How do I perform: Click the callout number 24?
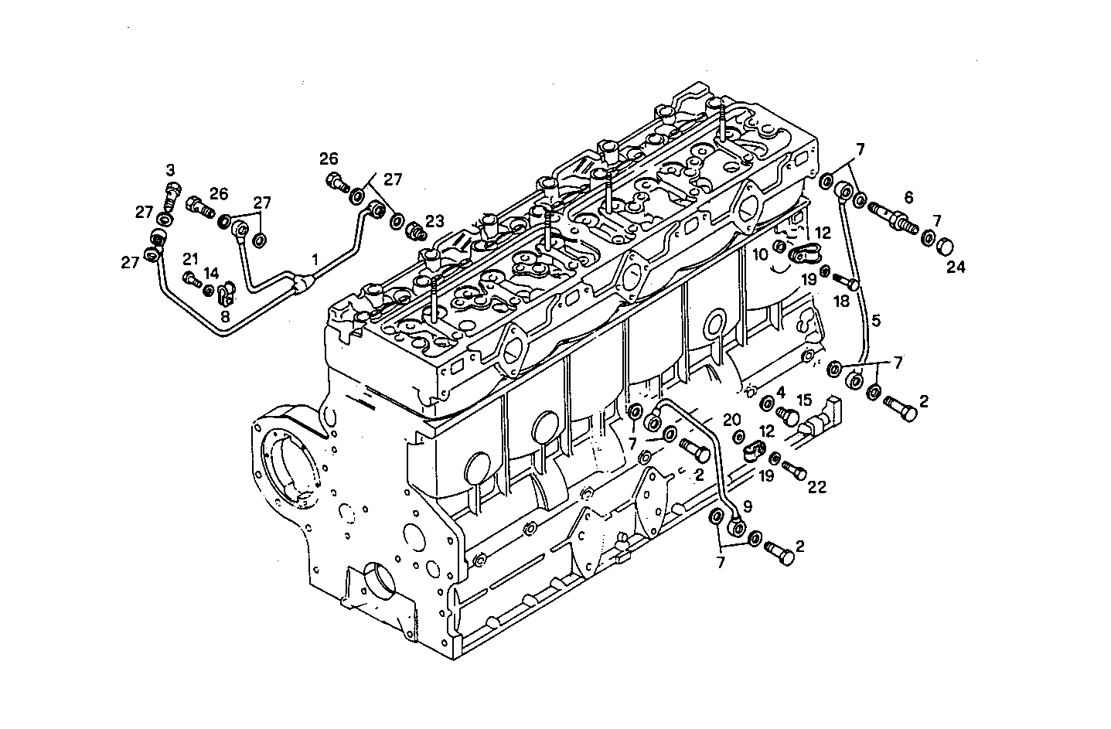click(956, 267)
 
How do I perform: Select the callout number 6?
click(908, 197)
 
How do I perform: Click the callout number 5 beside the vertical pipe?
click(876, 318)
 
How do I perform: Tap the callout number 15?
click(804, 400)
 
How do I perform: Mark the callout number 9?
click(747, 507)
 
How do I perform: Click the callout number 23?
click(435, 220)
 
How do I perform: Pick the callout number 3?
click(170, 169)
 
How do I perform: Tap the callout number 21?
click(190, 258)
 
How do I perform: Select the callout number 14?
click(211, 273)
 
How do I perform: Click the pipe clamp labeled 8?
click(225, 294)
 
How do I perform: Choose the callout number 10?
click(761, 254)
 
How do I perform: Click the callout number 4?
click(782, 392)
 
